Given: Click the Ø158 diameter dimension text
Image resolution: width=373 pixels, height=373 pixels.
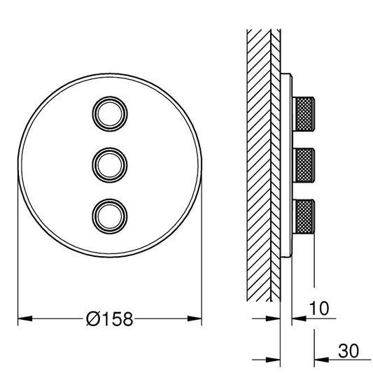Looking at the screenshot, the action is [109, 319].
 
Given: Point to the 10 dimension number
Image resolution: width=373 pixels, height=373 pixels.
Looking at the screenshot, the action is [319, 309].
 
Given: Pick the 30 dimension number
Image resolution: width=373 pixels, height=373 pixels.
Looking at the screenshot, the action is [349, 351].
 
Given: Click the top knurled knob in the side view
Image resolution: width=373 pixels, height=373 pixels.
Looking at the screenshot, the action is [304, 114].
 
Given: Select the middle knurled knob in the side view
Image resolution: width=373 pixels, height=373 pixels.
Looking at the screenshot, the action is [304, 165].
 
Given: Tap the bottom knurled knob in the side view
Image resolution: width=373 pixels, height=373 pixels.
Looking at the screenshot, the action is [304, 216].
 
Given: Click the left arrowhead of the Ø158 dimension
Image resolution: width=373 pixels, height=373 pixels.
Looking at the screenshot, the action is [25, 318].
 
